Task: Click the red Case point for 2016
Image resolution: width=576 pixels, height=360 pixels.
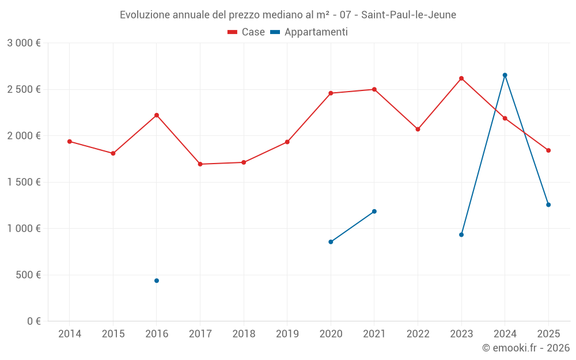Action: click(x=157, y=115)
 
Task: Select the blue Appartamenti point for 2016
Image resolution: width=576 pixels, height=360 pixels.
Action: click(x=157, y=281)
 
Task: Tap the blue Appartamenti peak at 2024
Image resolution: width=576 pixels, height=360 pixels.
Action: click(x=505, y=75)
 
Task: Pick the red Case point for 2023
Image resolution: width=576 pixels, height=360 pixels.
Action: click(x=461, y=78)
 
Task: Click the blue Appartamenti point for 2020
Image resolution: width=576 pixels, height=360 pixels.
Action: click(x=331, y=242)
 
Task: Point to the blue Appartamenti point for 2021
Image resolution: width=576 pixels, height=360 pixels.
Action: click(x=374, y=211)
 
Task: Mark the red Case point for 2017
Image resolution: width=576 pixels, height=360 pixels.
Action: click(x=200, y=164)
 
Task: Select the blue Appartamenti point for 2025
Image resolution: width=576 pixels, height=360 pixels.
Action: click(x=548, y=204)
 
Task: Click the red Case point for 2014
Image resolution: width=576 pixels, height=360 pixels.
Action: click(x=70, y=141)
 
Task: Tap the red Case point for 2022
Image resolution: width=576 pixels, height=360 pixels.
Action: click(x=418, y=129)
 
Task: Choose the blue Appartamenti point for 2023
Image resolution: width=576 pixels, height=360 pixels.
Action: click(x=461, y=234)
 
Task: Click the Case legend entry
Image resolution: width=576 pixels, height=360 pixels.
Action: click(x=246, y=32)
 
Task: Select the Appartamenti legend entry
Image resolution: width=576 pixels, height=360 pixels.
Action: click(x=309, y=32)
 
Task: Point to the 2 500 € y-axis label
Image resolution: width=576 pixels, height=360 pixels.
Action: click(x=24, y=89)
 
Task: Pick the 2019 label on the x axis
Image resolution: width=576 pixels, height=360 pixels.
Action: click(x=287, y=334)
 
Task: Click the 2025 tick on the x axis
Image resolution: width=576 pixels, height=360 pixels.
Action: click(x=548, y=334)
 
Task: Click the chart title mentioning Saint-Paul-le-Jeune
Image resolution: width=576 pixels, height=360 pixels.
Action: click(x=288, y=15)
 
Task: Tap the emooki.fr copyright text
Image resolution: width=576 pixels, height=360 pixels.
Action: click(x=526, y=348)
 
